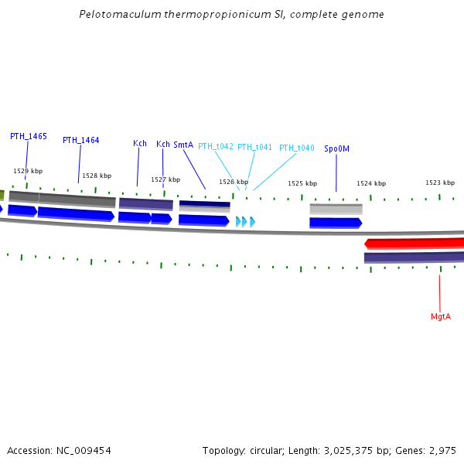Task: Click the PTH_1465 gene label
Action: click(29, 136)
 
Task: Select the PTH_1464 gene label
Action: click(81, 140)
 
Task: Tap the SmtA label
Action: click(183, 145)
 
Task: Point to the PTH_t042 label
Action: click(216, 146)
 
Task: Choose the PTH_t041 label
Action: click(254, 147)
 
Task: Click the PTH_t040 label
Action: click(296, 148)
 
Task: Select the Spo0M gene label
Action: click(336, 148)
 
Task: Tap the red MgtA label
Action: click(441, 317)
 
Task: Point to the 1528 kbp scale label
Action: click(97, 176)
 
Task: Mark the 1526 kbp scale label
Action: click(234, 182)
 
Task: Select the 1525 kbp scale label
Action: click(302, 183)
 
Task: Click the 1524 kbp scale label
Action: click(371, 183)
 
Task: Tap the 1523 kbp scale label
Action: click(440, 183)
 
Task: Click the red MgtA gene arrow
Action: click(415, 243)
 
